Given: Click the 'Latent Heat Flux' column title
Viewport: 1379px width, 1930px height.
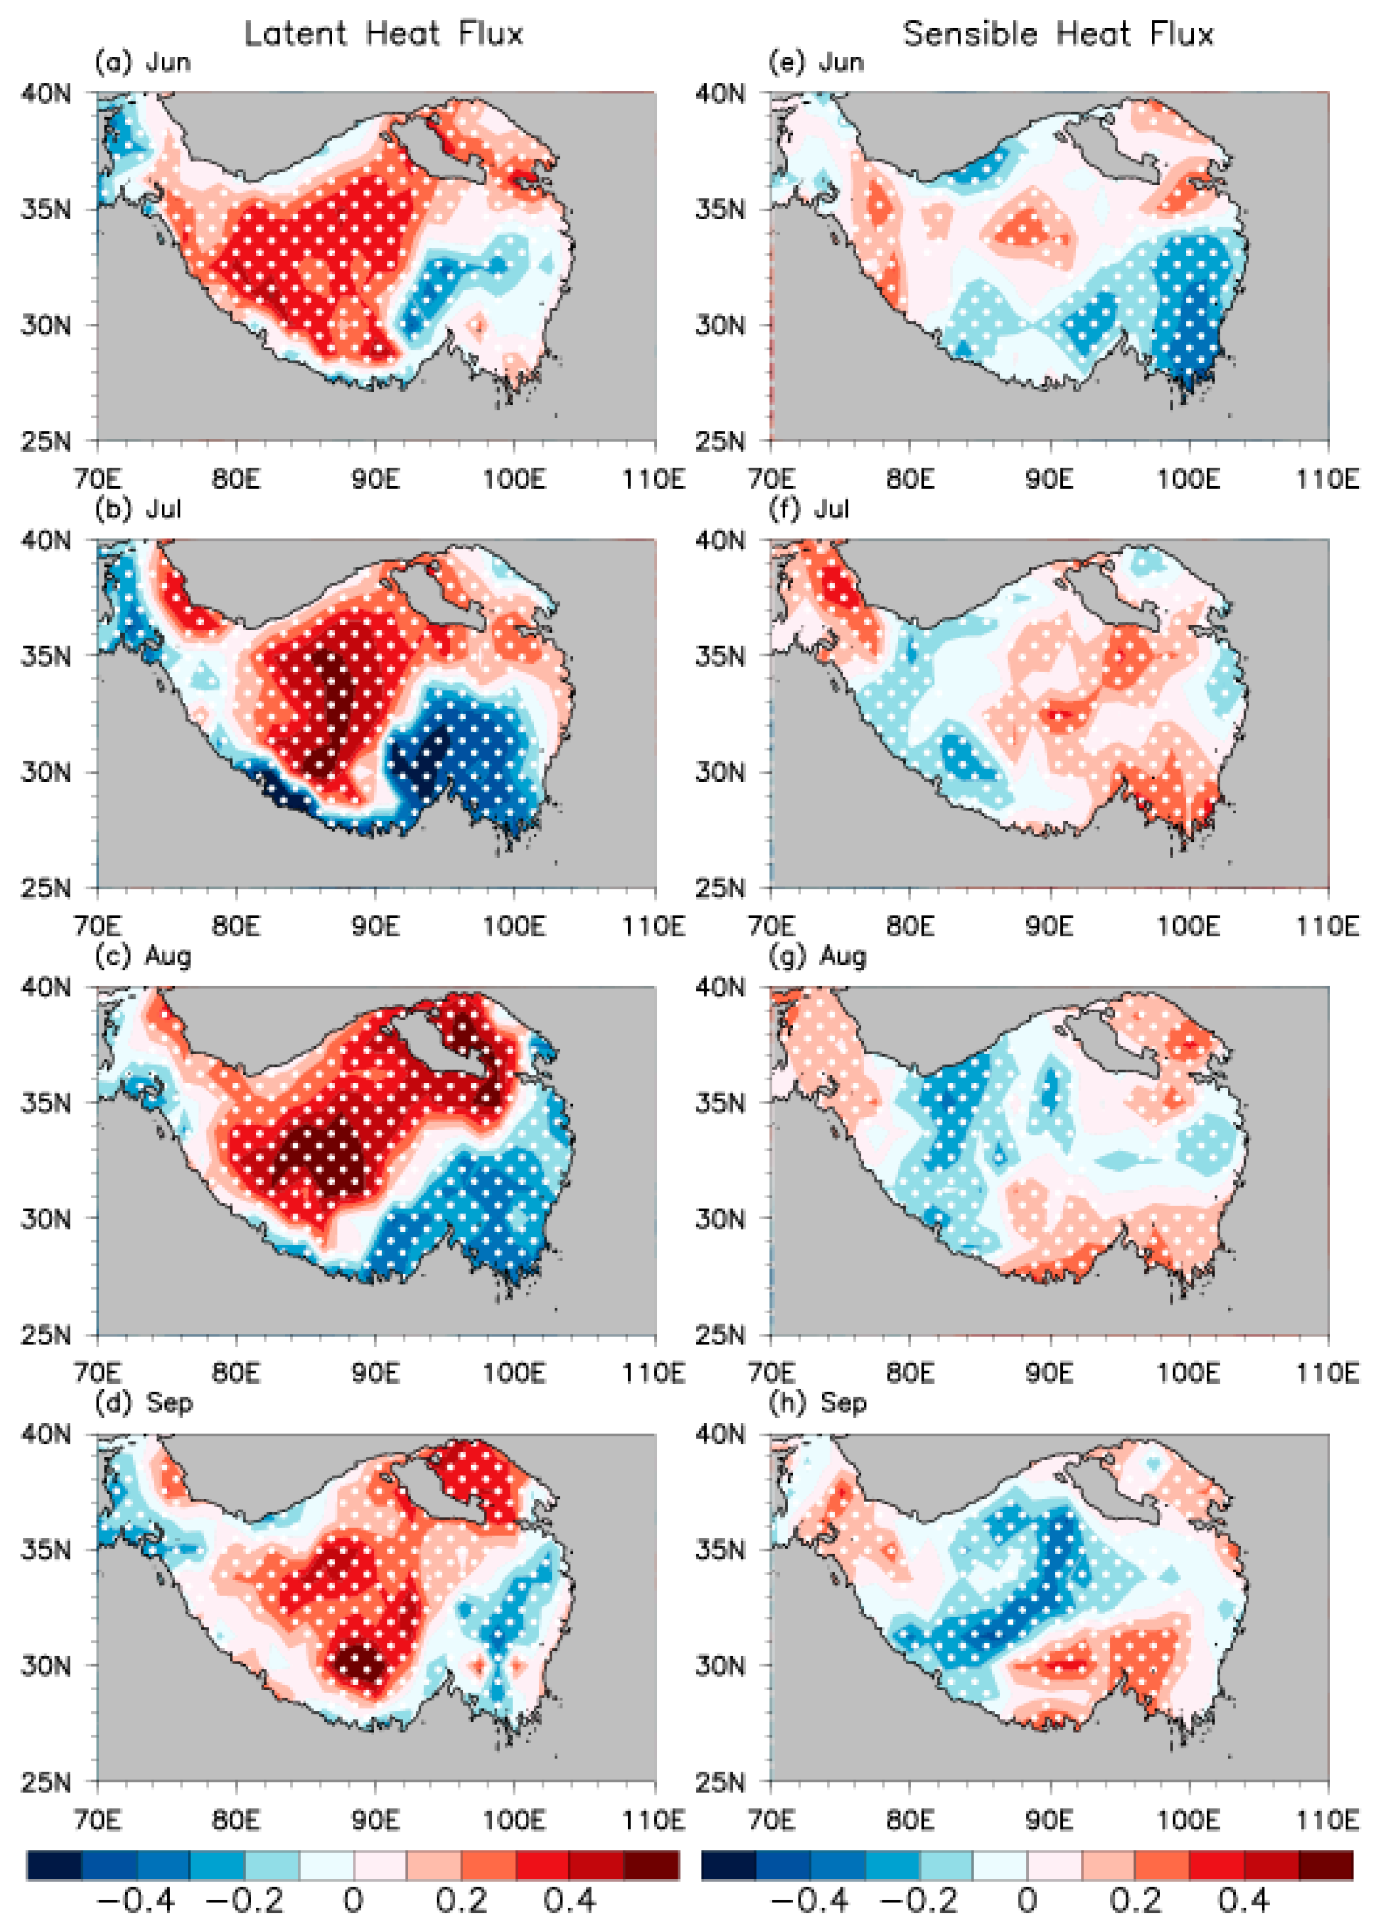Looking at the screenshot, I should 383,34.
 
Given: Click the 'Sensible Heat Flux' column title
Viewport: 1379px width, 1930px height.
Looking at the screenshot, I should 1058,34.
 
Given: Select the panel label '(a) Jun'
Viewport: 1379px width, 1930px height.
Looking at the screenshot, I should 143,63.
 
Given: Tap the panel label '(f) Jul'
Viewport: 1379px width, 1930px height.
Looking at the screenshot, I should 809,509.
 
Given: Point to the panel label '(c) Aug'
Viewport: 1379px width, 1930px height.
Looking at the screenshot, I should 143,957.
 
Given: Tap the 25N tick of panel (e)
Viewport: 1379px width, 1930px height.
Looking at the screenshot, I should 720,441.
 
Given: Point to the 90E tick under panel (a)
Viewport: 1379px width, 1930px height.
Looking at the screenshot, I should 375,479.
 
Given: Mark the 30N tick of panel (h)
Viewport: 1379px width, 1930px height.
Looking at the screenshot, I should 720,1665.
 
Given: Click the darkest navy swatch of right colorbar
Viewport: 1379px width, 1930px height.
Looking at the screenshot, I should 728,1865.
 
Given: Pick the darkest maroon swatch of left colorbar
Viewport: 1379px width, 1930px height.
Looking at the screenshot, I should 651,1865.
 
